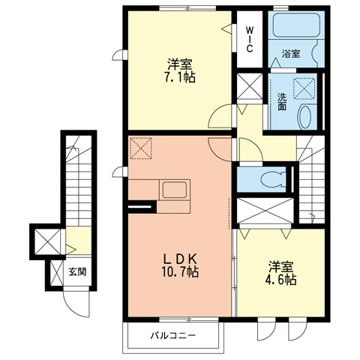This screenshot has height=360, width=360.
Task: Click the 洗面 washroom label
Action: [x=280, y=101]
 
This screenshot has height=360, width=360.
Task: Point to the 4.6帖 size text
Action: [x=281, y=279]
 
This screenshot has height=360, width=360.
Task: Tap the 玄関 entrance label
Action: [x=77, y=271]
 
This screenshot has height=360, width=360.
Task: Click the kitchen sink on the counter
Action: [x=172, y=190]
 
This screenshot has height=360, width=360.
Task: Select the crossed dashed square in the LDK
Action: [x=141, y=149]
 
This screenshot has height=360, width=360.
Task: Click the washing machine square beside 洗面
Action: [x=305, y=88]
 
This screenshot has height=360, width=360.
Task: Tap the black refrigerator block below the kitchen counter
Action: [x=142, y=206]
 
